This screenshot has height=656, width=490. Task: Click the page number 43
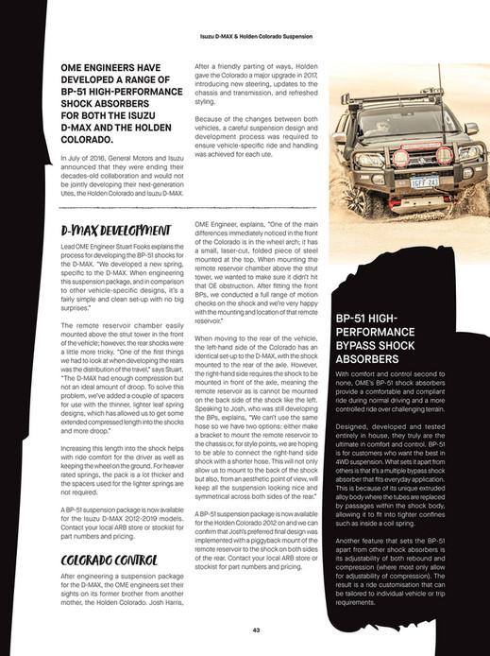click(x=245, y=629)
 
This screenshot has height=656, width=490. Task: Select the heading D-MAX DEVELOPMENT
click(x=107, y=230)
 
